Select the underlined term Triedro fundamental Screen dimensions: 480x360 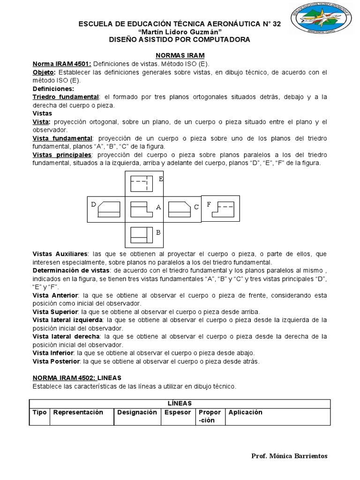coord(65,97)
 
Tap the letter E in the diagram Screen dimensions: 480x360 coord(161,179)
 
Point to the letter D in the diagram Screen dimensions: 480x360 coord(94,204)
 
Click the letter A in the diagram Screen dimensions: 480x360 coord(158,207)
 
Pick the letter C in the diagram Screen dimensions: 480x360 coord(196,206)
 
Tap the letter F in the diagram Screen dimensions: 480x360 coord(209,204)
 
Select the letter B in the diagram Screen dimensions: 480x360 coord(158,232)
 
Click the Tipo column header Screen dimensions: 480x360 coord(39,412)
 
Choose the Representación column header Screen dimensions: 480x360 coord(78,412)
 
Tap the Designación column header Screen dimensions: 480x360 coord(137,412)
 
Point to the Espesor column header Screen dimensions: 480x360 coord(178,412)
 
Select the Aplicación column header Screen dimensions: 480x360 coord(245,412)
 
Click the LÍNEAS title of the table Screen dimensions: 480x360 coord(180,403)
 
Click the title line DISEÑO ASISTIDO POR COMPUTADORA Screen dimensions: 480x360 coord(180,39)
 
